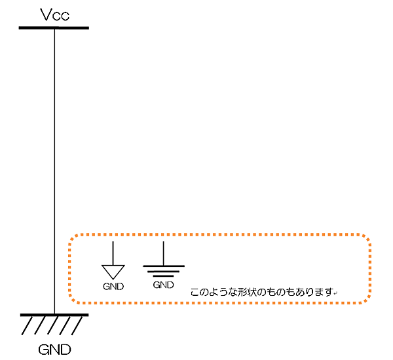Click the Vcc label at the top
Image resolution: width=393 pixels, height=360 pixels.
coord(54,15)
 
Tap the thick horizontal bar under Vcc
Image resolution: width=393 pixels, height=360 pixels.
coord(54,28)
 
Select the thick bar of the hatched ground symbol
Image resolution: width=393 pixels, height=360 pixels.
coord(54,315)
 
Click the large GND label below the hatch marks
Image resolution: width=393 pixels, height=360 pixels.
coord(54,349)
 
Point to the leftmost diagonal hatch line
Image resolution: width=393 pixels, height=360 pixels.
coord(28,325)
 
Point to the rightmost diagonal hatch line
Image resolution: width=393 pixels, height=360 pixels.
coord(77,325)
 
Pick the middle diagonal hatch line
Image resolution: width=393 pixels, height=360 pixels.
coord(52,325)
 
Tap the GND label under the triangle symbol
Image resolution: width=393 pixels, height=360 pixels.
coord(113,287)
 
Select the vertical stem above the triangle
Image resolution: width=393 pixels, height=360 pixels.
coord(113,253)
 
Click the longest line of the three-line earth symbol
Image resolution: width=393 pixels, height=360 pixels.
coord(163,266)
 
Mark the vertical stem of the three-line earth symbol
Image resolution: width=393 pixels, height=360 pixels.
coord(163,253)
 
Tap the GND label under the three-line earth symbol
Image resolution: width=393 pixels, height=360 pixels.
coord(163,285)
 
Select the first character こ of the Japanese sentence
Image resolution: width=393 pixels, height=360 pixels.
coord(194,292)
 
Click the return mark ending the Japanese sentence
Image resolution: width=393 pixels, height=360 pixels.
coord(335,293)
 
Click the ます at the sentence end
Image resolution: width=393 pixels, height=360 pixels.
coord(324,292)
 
